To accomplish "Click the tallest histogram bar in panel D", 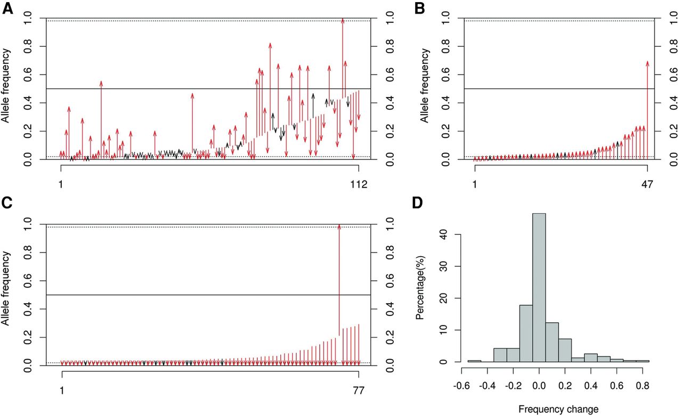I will pos(539,288).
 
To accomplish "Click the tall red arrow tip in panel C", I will pos(339,227).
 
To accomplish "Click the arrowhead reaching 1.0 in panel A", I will pos(343,20).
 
